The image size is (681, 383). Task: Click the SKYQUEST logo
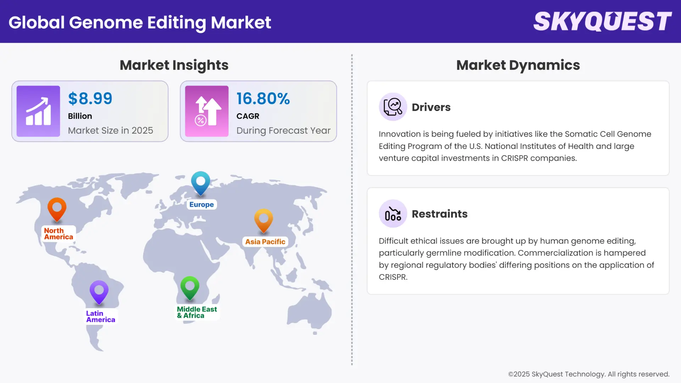coord(602,21)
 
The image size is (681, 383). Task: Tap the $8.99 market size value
coord(90,99)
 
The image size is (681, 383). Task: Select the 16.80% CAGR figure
coord(263,99)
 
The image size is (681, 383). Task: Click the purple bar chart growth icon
coord(38,111)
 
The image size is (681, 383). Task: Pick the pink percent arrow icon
coord(207,111)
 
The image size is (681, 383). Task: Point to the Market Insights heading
coord(174,65)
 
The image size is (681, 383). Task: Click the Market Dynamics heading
coord(518,65)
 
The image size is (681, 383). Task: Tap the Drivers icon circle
coord(393,107)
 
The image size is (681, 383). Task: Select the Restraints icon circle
coord(393,213)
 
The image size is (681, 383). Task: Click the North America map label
coord(59,234)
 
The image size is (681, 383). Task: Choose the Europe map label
coord(201,205)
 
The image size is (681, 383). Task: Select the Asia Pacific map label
coord(265,242)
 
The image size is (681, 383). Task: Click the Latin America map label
coord(100,316)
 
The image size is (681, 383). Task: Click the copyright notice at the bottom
coord(588,374)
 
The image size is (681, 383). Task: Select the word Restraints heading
coord(439,214)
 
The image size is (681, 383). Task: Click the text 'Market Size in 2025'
coord(110,131)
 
